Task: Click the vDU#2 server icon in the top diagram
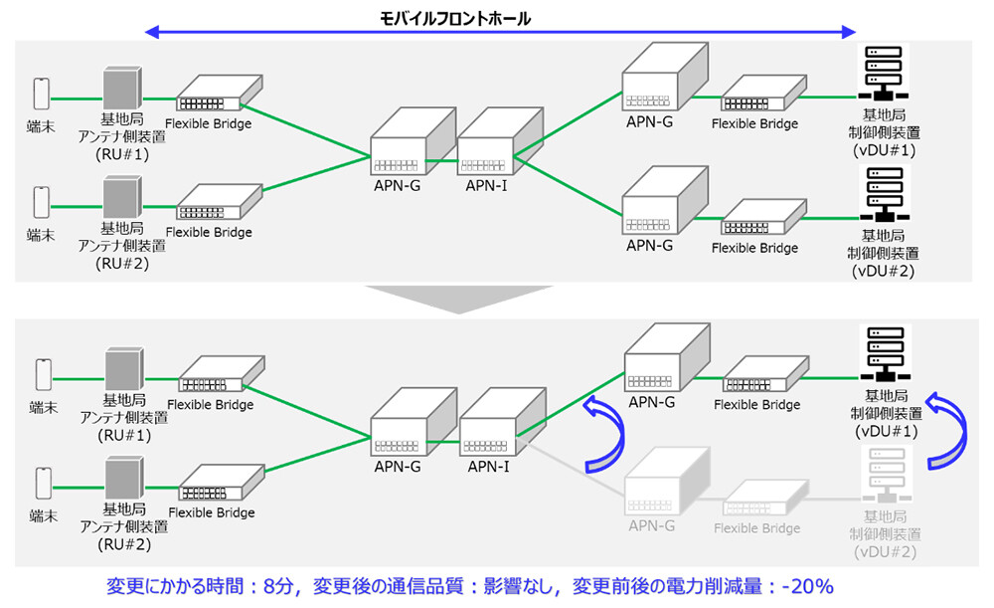(880, 194)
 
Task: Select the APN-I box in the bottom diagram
(503, 422)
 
